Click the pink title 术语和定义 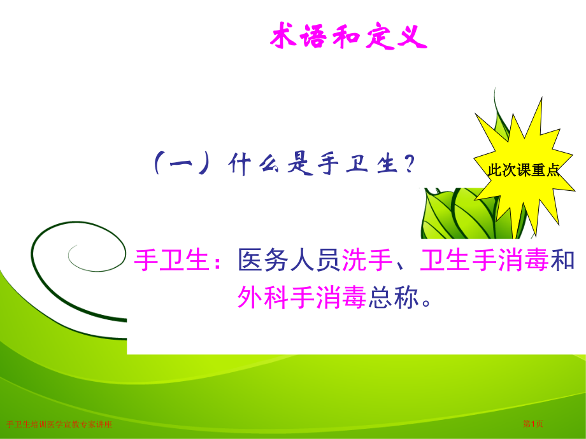348,38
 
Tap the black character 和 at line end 563,261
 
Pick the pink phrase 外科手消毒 303,296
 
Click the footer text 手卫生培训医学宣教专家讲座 59,424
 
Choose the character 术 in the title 283,38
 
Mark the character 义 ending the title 412,38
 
